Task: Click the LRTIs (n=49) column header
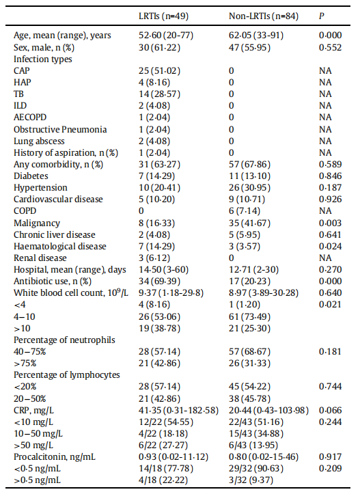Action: click(x=163, y=16)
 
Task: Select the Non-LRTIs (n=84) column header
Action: click(x=263, y=16)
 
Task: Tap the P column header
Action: click(x=321, y=16)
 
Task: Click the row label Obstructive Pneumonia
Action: click(x=60, y=130)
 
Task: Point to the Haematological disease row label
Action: click(x=60, y=247)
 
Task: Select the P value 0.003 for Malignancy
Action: click(x=330, y=223)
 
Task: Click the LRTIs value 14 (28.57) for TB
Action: click(x=159, y=94)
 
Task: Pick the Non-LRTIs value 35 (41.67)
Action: click(x=249, y=223)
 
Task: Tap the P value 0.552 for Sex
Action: click(x=330, y=48)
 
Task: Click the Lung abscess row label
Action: click(x=39, y=141)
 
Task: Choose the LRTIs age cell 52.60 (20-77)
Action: click(x=166, y=36)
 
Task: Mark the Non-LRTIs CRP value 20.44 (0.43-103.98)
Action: click(x=268, y=410)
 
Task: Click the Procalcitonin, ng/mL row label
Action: click(x=55, y=457)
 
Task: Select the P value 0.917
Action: click(x=330, y=457)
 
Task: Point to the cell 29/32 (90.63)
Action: click(x=256, y=469)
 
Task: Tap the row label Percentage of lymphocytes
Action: click(x=67, y=375)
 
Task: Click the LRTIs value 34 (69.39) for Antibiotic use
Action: click(x=159, y=282)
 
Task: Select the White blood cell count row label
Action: click(x=71, y=292)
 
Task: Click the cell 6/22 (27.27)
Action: click(x=163, y=445)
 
